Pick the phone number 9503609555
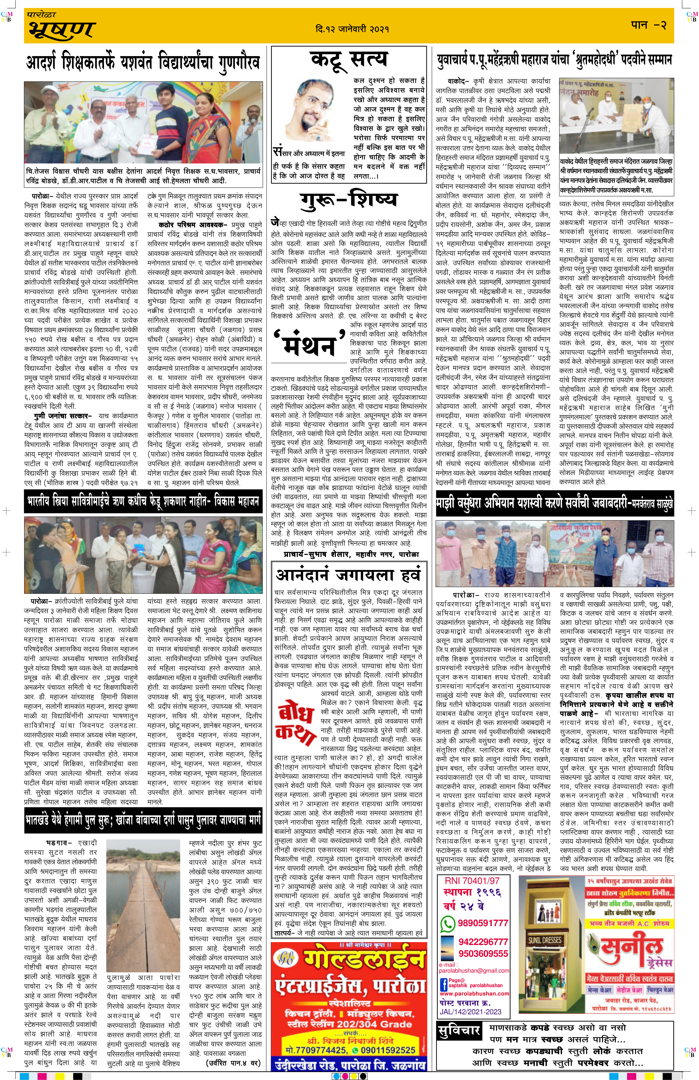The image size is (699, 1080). [x=483, y=953]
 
